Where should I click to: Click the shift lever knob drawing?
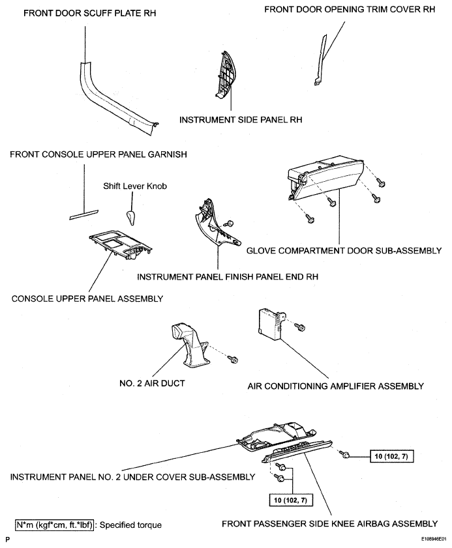(131, 218)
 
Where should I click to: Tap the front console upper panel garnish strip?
(84, 215)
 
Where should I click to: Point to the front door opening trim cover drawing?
(321, 60)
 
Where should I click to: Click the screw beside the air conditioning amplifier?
(299, 327)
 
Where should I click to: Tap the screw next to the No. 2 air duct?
(233, 359)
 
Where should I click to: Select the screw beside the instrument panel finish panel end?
(230, 224)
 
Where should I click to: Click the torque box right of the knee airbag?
(391, 456)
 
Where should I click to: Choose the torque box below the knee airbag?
(290, 500)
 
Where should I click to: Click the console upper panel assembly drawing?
(121, 246)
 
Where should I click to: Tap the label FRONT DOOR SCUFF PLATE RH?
(89, 13)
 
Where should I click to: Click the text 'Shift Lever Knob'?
(135, 186)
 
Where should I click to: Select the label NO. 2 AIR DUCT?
(152, 383)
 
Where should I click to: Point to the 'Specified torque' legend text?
(130, 525)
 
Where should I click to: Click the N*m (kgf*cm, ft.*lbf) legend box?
(55, 525)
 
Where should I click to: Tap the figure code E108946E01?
(434, 540)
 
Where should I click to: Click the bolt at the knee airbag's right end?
(346, 455)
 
